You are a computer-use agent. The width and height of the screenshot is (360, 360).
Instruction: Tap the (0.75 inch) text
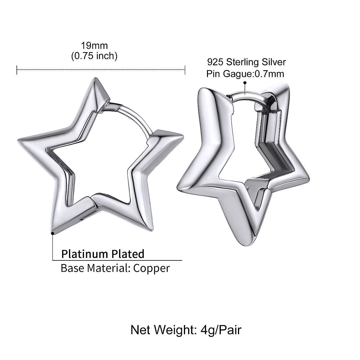(94, 56)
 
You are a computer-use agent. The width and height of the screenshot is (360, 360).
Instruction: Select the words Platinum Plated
(103, 254)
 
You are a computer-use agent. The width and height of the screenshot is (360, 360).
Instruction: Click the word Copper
(151, 268)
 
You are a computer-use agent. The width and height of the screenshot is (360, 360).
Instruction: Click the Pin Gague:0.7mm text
(245, 73)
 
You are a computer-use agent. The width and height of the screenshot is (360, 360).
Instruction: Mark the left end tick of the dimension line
(17, 70)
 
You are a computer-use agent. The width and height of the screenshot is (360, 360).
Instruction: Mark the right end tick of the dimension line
(185, 70)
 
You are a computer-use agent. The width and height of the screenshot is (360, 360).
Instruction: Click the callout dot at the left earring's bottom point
(53, 233)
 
